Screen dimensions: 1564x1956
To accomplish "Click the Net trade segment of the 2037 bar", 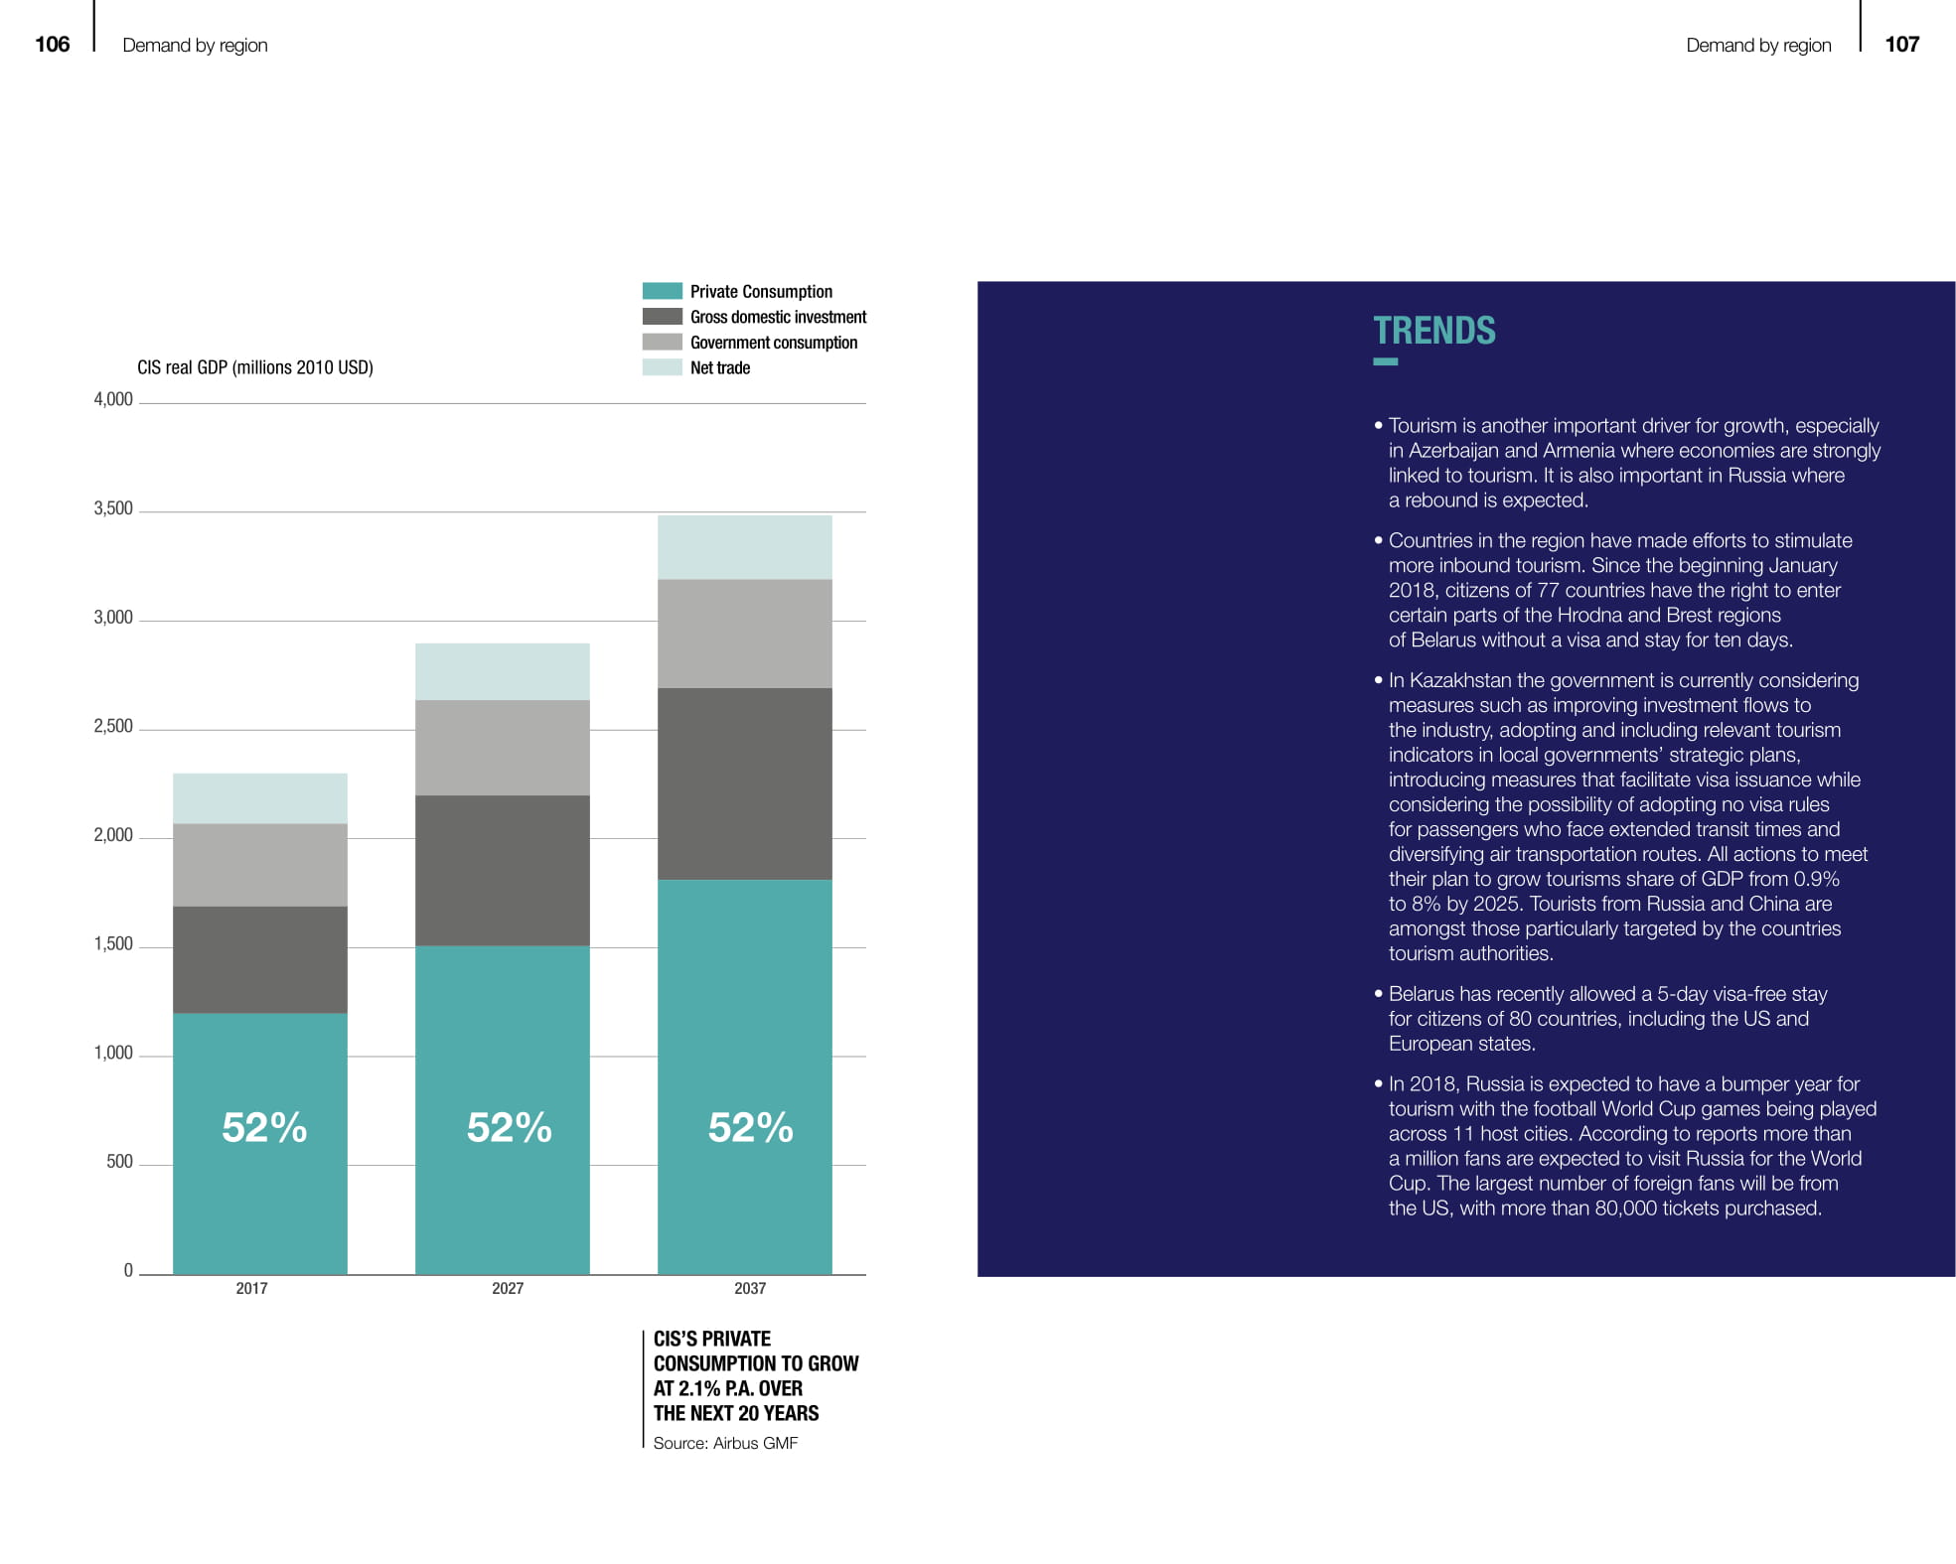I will point(744,547).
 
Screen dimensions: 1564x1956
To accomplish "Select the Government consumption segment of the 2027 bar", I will point(502,747).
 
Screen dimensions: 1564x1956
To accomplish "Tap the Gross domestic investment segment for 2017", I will point(259,959).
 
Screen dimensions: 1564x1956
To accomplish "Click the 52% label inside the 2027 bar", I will point(509,1127).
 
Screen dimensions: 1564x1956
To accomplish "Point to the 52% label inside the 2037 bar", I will point(750,1127).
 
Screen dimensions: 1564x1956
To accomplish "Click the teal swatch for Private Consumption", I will point(662,291).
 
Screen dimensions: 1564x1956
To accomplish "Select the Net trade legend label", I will point(720,367).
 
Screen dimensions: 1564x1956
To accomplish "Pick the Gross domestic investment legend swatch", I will point(662,317).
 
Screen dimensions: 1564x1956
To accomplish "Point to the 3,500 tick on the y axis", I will point(113,508).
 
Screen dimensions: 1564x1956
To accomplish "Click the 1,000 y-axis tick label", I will point(113,1053).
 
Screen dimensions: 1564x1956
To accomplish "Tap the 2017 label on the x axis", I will point(251,1288).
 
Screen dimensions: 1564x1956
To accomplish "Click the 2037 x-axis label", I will point(750,1288).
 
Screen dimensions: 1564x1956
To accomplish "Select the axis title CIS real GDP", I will point(255,367).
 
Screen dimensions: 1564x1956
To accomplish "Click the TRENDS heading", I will point(1433,331).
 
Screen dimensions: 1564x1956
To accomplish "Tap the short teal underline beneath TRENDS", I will point(1385,361).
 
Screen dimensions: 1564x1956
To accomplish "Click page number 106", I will point(53,44).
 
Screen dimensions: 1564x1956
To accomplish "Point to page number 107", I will point(1901,44).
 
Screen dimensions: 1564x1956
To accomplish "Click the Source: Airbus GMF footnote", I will point(725,1443).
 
